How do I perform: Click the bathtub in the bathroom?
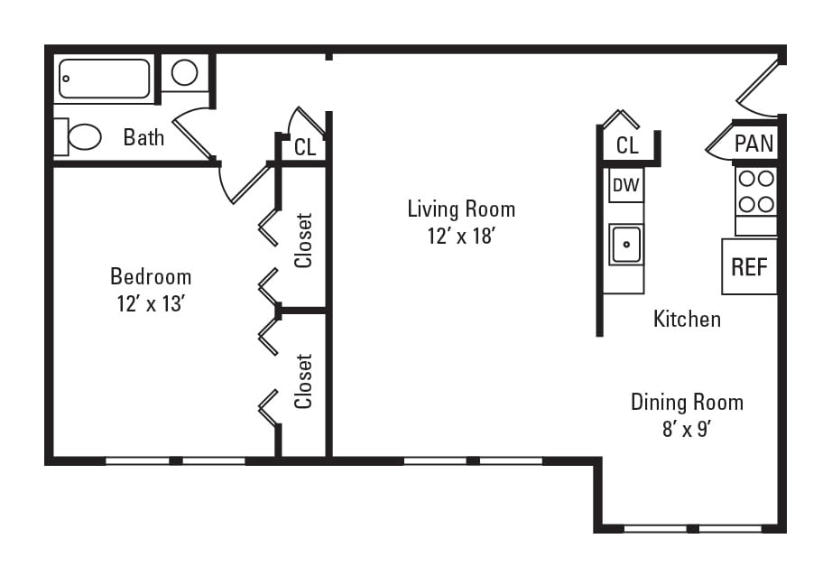(x=105, y=79)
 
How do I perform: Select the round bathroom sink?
(x=185, y=72)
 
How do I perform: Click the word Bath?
(x=144, y=137)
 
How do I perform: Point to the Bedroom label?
(x=151, y=276)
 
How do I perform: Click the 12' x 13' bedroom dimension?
(x=151, y=304)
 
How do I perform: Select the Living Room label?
(x=461, y=209)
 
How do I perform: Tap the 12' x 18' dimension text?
(x=461, y=237)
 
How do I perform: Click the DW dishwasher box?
(x=625, y=186)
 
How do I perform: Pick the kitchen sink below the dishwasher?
(x=625, y=244)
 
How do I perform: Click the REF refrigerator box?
(x=749, y=266)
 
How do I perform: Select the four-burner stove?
(x=755, y=190)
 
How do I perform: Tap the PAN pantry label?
(x=753, y=144)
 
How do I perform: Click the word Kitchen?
(x=687, y=319)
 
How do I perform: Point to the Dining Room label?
(x=687, y=402)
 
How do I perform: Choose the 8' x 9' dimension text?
(x=687, y=429)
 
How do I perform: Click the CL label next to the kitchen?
(x=627, y=145)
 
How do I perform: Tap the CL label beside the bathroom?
(x=305, y=147)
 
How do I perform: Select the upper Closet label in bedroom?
(x=304, y=240)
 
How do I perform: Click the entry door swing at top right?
(x=756, y=86)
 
